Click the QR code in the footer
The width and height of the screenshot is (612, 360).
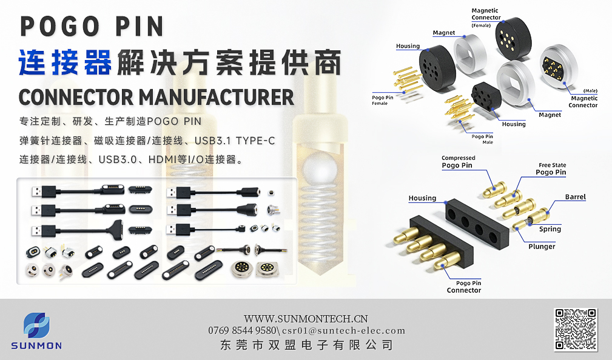(x=576, y=329)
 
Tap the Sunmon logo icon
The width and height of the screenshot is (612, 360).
(x=36, y=326)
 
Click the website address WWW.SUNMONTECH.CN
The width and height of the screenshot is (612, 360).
(x=306, y=318)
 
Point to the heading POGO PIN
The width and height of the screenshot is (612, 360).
(x=92, y=26)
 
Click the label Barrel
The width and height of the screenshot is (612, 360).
(x=575, y=197)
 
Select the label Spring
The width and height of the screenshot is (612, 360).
(x=550, y=229)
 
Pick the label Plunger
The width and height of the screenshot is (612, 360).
(x=541, y=247)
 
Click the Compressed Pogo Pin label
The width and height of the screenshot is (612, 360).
(x=458, y=162)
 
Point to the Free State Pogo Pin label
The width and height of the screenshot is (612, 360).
(x=551, y=169)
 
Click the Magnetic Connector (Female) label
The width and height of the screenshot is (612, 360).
(x=486, y=17)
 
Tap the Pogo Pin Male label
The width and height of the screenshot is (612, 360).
(x=482, y=139)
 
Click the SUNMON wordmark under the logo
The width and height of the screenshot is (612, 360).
(x=36, y=346)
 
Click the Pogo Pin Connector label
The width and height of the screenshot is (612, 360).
(x=464, y=287)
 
